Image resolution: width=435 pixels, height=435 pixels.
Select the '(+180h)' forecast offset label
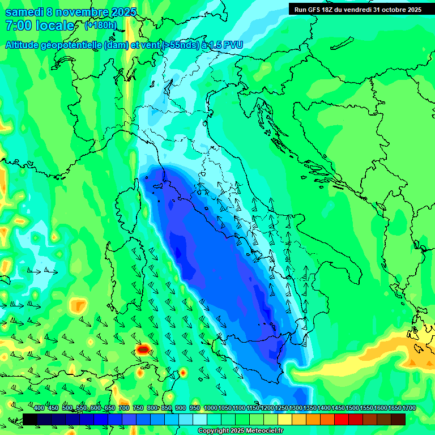[x=100, y=25]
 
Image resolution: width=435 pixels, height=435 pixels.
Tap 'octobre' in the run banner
[x=386, y=10]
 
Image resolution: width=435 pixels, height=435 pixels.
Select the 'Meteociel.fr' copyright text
[x=258, y=431]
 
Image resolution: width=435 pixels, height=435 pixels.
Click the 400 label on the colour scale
[x=39, y=408]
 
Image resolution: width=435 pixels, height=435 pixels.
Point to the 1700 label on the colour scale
[x=408, y=408]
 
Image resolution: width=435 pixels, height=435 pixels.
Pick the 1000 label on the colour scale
[x=210, y=408]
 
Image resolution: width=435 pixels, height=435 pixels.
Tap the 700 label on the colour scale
[x=124, y=408]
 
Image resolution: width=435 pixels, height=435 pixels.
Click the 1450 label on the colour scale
[x=338, y=408]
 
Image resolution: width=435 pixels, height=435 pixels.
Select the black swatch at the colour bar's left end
[x=30, y=419]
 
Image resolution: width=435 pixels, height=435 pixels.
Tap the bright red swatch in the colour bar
[x=342, y=419]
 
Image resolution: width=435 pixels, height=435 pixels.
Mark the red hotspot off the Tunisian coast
[x=143, y=349]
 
